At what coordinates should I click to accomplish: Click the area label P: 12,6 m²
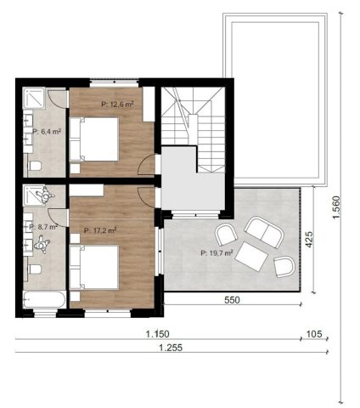pyautogui.click(x=117, y=105)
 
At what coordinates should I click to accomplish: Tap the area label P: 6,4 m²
pyautogui.click(x=47, y=132)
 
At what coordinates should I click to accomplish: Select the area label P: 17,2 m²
pyautogui.click(x=100, y=230)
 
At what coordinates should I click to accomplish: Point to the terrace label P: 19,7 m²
pyautogui.click(x=217, y=252)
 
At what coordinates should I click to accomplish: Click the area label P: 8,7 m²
pyautogui.click(x=43, y=227)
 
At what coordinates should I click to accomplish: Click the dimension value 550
pyautogui.click(x=232, y=300)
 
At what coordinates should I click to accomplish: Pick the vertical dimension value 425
pyautogui.click(x=309, y=240)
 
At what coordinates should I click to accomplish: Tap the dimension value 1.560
pyautogui.click(x=336, y=207)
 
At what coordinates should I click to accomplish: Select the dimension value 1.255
pyautogui.click(x=171, y=348)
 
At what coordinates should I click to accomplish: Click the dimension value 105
pyautogui.click(x=314, y=334)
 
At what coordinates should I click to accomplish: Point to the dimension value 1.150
pyautogui.click(x=158, y=334)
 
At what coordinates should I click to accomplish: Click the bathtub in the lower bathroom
pyautogui.click(x=45, y=299)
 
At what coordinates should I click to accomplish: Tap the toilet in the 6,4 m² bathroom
pyautogui.click(x=35, y=166)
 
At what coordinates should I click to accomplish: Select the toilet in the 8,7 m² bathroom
pyautogui.click(x=35, y=269)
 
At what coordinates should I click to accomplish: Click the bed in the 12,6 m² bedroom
pyautogui.click(x=93, y=139)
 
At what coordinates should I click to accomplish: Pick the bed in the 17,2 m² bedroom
pyautogui.click(x=93, y=267)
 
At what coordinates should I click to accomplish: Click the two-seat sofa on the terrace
pyautogui.click(x=264, y=233)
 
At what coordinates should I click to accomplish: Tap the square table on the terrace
pyautogui.click(x=251, y=257)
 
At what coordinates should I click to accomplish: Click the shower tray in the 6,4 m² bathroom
pyautogui.click(x=34, y=98)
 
